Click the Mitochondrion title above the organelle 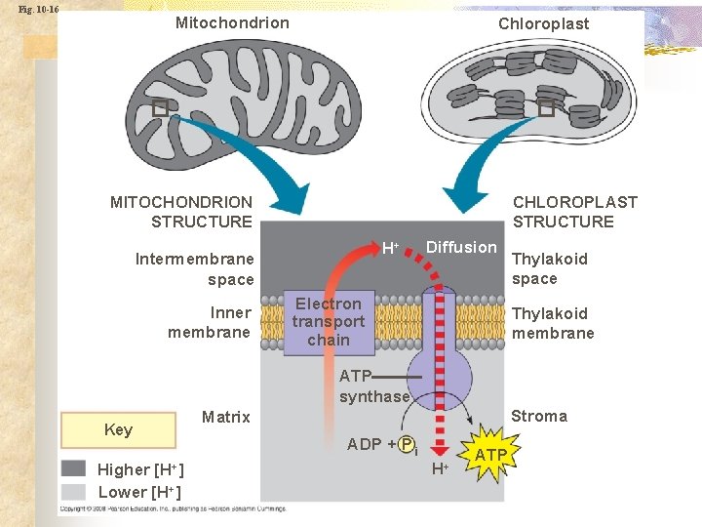(232, 22)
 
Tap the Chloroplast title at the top (543, 23)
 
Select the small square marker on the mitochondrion (160, 107)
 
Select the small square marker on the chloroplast (546, 107)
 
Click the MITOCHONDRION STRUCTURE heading (181, 212)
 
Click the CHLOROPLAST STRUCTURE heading (574, 212)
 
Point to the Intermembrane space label (195, 269)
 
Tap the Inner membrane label (210, 322)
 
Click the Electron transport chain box (329, 322)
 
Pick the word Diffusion (461, 247)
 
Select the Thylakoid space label (550, 268)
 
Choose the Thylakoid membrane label (553, 323)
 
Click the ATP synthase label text (373, 386)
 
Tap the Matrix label (226, 417)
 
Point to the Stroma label (539, 416)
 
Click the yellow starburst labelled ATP (490, 455)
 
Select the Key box (118, 430)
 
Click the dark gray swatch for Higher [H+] (73, 468)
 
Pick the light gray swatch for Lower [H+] (73, 491)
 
